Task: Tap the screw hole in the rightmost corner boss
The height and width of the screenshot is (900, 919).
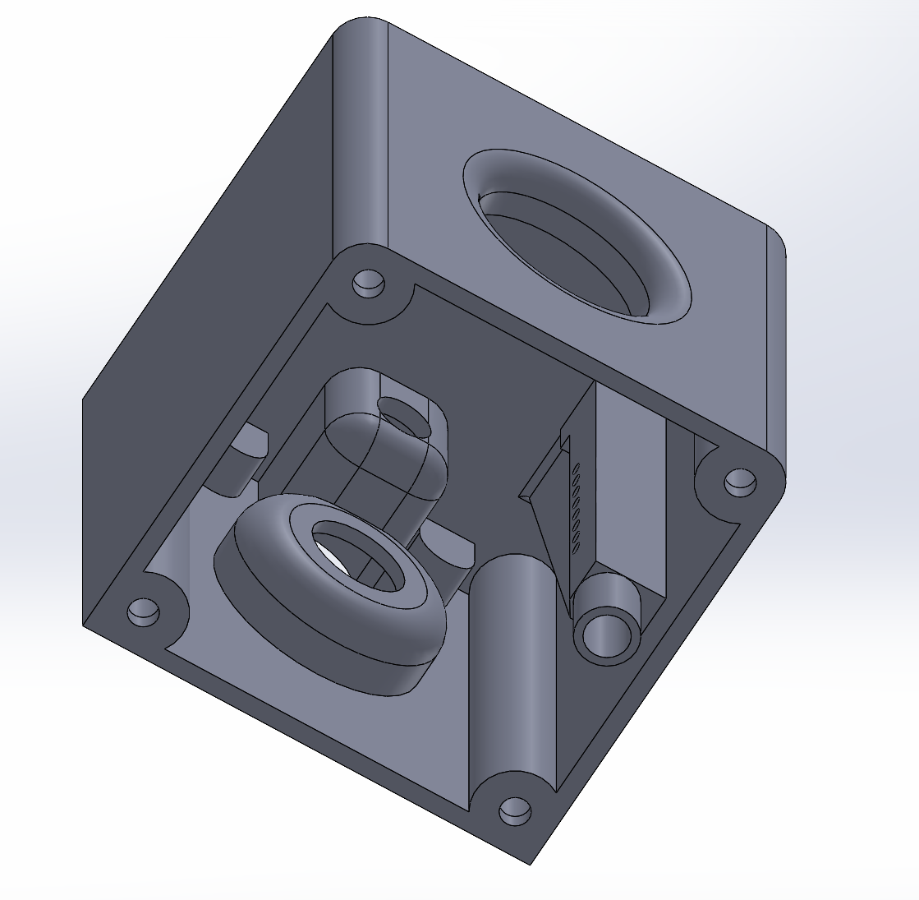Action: tap(740, 482)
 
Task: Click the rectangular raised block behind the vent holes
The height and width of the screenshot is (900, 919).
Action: tap(628, 485)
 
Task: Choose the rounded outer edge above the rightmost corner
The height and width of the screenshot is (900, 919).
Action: tap(775, 345)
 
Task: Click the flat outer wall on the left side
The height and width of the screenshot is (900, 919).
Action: tap(205, 329)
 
